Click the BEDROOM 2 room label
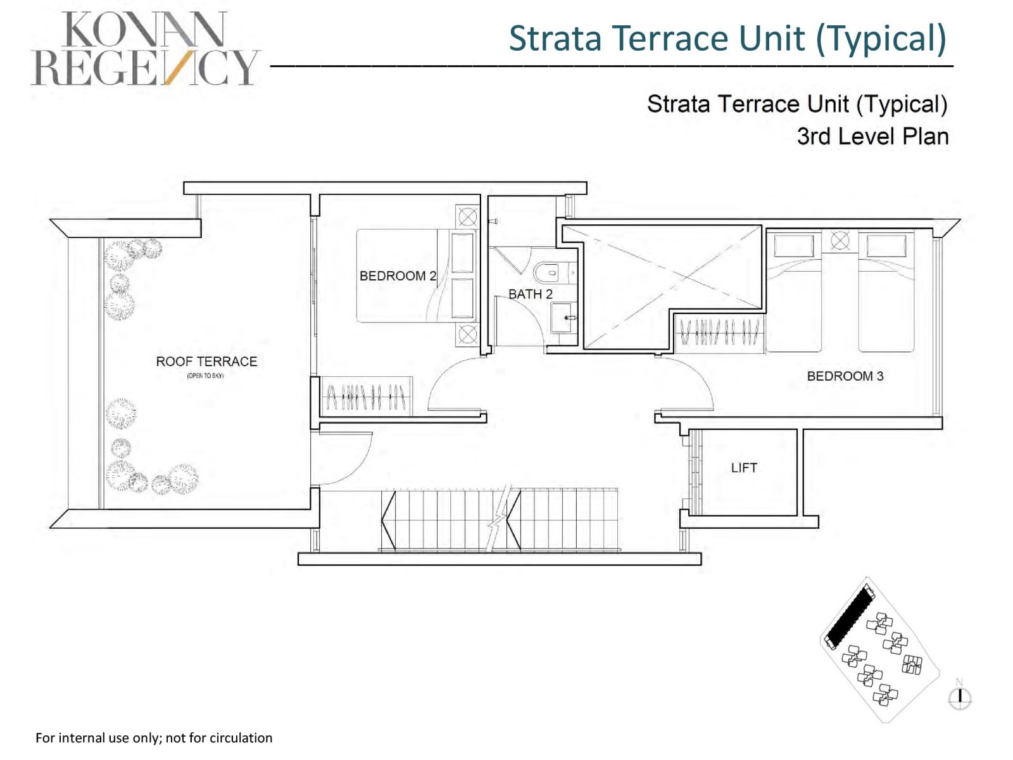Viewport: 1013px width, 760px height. pos(398,275)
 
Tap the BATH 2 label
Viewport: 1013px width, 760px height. pos(531,294)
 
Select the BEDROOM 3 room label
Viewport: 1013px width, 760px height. pos(845,376)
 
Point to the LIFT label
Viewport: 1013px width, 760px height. pos(743,467)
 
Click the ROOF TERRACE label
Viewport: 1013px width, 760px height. pos(206,361)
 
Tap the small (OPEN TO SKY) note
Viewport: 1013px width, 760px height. pos(205,376)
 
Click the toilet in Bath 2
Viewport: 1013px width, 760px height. pos(548,273)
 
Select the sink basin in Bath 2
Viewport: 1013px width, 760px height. pos(563,317)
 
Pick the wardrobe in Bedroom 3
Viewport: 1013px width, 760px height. pos(719,332)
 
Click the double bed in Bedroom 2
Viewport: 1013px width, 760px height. pos(415,275)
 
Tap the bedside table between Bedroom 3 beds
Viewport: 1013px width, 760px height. pos(840,241)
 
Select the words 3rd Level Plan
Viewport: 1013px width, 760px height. pos(872,136)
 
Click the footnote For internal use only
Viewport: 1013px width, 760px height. pos(154,738)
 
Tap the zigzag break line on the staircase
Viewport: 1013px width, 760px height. pos(500,517)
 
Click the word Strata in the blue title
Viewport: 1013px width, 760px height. pos(555,38)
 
